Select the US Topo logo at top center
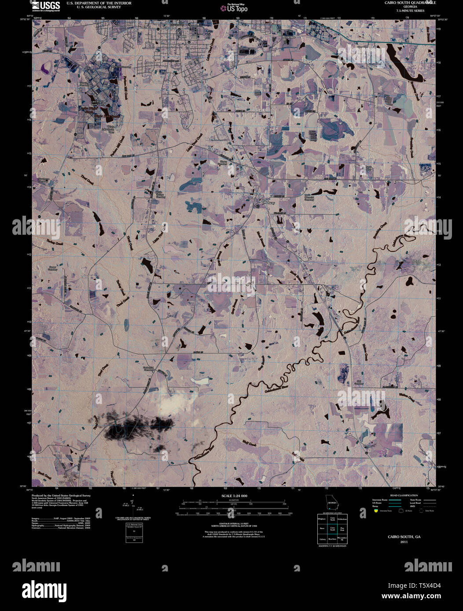click(x=236, y=7)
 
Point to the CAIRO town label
click(x=181, y=36)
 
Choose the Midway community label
click(x=268, y=203)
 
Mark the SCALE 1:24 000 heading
click(x=231, y=495)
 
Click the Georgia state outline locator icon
click(x=331, y=502)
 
